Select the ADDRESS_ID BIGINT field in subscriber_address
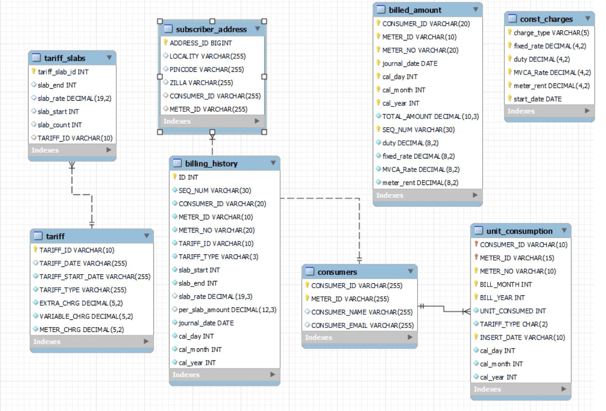(x=201, y=43)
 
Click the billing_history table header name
(x=211, y=163)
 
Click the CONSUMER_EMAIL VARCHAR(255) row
(x=362, y=325)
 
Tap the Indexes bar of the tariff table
(x=92, y=342)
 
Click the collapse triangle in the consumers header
(x=410, y=272)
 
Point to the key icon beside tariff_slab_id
(x=34, y=71)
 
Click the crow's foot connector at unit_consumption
(x=466, y=311)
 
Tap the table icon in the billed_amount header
(x=381, y=10)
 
